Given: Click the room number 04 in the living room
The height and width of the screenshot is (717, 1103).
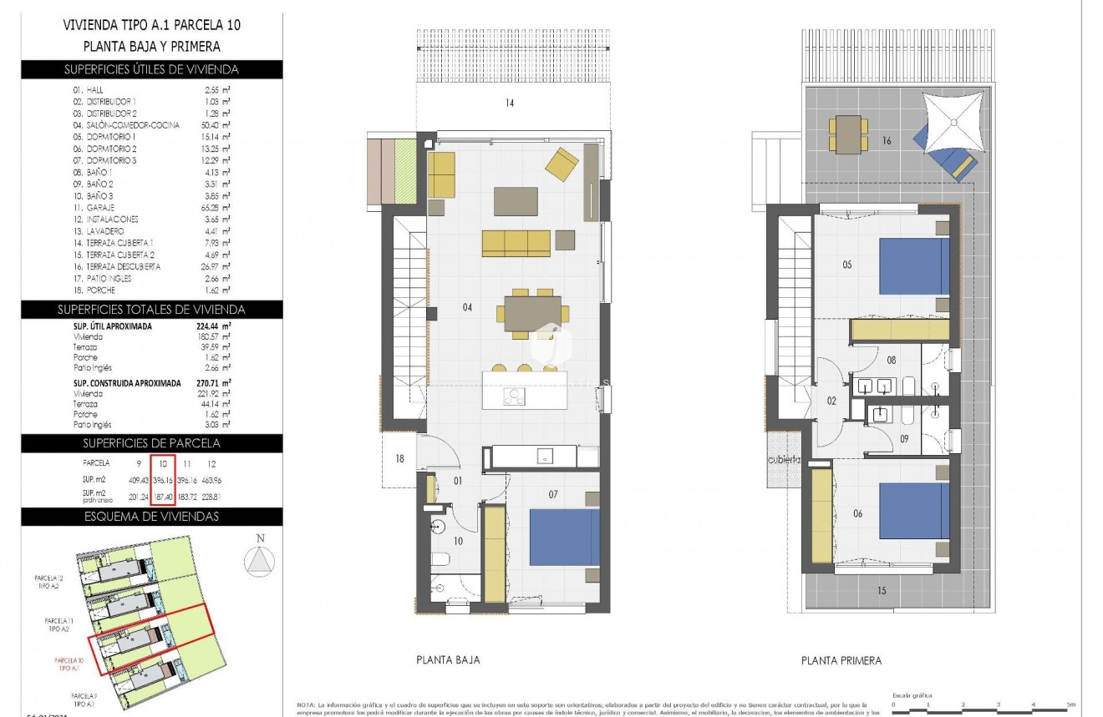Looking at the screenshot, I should pyautogui.click(x=467, y=308).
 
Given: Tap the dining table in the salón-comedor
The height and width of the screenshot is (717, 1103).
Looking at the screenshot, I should pyautogui.click(x=532, y=313).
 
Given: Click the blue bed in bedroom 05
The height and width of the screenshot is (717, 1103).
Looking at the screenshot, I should pyautogui.click(x=914, y=266).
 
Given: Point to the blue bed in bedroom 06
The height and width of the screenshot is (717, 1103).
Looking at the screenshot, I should pyautogui.click(x=914, y=511).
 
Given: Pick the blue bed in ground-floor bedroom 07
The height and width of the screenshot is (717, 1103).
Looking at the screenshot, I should pyautogui.click(x=565, y=538).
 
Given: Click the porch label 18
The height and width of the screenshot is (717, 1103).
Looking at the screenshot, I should pyautogui.click(x=399, y=458).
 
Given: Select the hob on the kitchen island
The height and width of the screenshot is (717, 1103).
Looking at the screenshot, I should pyautogui.click(x=515, y=396).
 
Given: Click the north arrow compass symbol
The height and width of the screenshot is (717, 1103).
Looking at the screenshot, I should pyautogui.click(x=262, y=559).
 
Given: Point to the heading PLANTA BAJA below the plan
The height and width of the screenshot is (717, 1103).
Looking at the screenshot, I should pyautogui.click(x=448, y=659).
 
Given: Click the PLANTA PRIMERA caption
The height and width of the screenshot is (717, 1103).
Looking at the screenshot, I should pyautogui.click(x=841, y=660).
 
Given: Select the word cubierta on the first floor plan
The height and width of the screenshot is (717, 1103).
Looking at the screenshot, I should pyautogui.click(x=785, y=460).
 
